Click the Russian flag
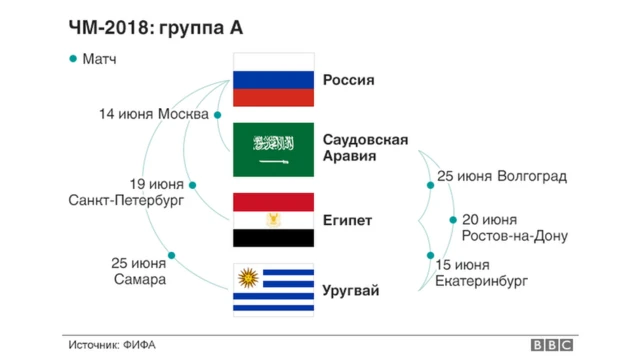(275, 81)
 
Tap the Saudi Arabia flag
(275, 149)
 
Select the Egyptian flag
(275, 219)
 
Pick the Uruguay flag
(275, 290)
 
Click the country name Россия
(349, 80)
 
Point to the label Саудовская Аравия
(365, 148)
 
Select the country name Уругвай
(351, 290)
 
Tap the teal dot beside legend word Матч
(72, 59)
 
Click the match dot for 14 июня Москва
(217, 115)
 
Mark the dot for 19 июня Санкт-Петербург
(192, 185)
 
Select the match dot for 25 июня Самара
(172, 256)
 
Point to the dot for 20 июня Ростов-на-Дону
(449, 221)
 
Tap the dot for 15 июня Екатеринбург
(431, 257)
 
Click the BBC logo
(551, 344)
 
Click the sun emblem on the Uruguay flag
(246, 277)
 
